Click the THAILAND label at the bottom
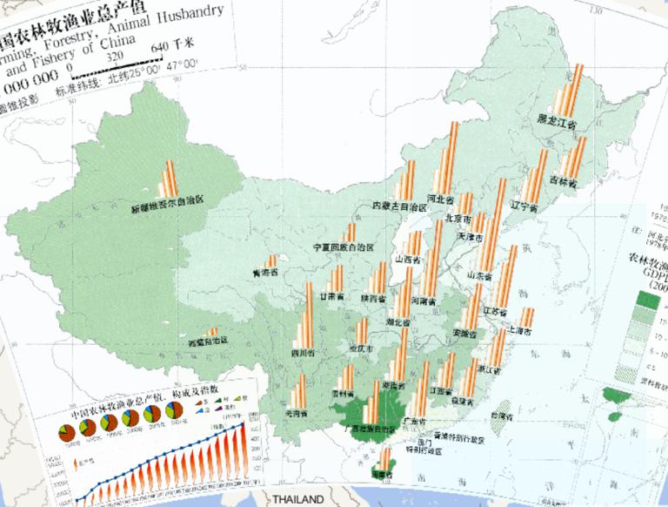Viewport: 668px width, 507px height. [x=297, y=499]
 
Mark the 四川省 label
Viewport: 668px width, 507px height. [x=302, y=353]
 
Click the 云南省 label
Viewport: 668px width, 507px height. [x=297, y=413]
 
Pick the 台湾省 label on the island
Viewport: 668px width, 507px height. [x=503, y=417]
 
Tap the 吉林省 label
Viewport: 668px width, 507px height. [x=564, y=180]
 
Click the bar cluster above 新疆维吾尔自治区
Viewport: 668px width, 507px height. [x=169, y=179]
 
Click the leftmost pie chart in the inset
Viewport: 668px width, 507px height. [x=64, y=431]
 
